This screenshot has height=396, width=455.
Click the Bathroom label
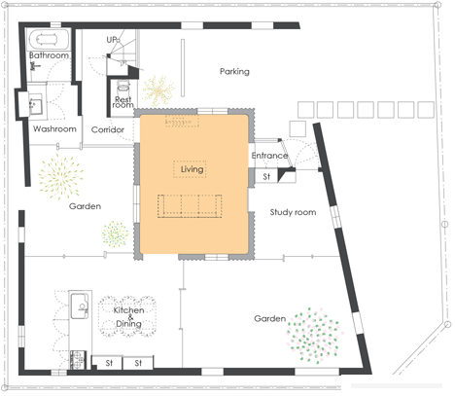[49, 55]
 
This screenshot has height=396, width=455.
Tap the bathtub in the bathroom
[48, 39]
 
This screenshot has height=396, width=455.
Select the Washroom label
[54, 128]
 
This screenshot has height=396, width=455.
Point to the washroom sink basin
[35, 104]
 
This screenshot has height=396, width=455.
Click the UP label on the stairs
[112, 40]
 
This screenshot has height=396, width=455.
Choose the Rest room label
[122, 102]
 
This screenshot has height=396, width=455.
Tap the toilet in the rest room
[123, 87]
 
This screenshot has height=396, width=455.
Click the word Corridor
[108, 129]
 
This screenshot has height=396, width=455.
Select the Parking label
[234, 71]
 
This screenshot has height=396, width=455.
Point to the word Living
[192, 169]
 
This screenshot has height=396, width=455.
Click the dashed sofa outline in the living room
[190, 206]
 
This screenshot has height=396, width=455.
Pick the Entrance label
[269, 156]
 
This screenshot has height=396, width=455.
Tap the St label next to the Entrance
[266, 177]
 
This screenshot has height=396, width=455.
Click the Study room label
[293, 212]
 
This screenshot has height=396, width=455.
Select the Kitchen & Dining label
[128, 317]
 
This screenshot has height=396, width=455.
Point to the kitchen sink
[80, 306]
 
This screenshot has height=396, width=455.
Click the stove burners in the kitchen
[78, 360]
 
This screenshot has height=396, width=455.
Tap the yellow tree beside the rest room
[158, 90]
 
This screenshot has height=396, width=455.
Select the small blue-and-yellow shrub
[115, 234]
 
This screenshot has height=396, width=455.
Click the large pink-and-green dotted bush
[314, 336]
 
